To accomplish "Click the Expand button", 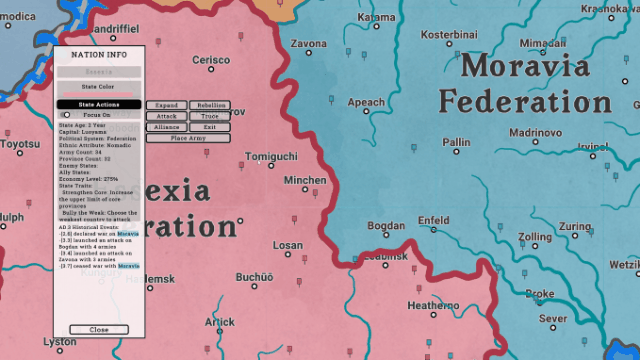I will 166,105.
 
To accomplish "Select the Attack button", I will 166,116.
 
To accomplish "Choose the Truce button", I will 209,116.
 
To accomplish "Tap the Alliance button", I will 166,127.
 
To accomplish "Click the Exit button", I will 209,127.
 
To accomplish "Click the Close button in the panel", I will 99,329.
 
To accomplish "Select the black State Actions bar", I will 99,104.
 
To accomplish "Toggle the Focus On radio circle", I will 67,115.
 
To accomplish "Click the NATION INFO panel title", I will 99,56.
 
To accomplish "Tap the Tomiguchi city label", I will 271,157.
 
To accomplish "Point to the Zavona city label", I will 308,44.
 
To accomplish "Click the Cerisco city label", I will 211,60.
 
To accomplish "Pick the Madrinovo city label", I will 535,132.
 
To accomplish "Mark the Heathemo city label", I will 433,305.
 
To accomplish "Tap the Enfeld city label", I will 433,220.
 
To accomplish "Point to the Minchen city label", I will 305,181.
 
